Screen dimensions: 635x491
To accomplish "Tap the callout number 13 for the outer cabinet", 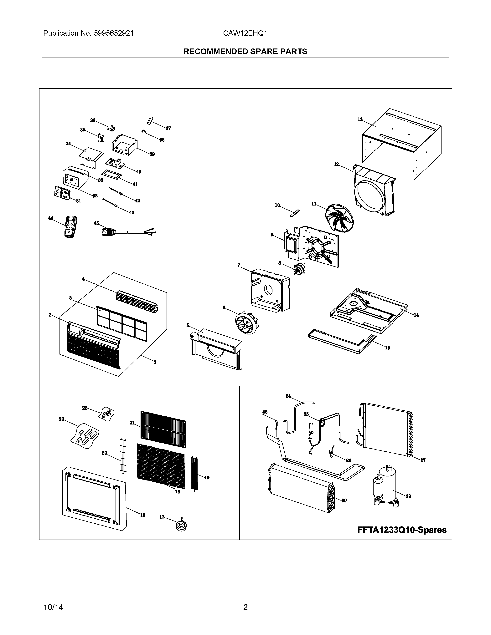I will [360, 119].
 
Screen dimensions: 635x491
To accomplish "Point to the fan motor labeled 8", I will [298, 269].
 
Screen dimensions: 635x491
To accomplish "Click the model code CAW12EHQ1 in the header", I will [245, 33].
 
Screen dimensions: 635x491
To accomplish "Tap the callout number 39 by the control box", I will [152, 154].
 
